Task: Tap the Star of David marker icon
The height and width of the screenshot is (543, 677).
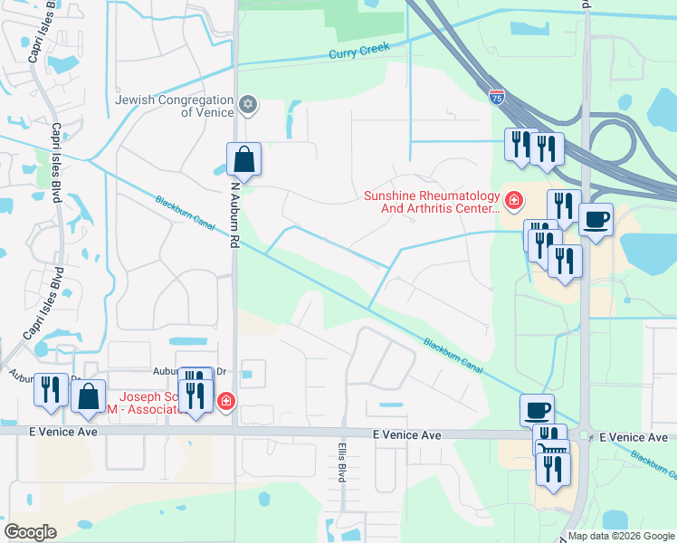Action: point(249,106)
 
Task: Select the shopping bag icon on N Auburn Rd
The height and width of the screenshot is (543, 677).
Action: point(243,160)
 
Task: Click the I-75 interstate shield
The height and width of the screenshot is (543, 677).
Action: point(497,96)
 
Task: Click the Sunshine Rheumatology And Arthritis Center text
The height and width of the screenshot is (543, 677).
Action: point(432,202)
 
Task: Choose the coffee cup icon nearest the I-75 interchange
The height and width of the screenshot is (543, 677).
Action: point(596,220)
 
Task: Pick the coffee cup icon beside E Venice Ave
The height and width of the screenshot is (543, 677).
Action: point(537,410)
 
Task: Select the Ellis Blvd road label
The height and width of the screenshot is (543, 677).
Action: point(342,462)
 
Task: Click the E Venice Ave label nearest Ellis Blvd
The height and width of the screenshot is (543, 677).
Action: point(407,435)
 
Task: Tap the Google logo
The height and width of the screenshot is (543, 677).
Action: point(30,532)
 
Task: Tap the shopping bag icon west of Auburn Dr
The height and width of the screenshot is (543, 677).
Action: point(88,397)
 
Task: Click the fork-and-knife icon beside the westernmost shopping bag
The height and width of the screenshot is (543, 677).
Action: point(51,390)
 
